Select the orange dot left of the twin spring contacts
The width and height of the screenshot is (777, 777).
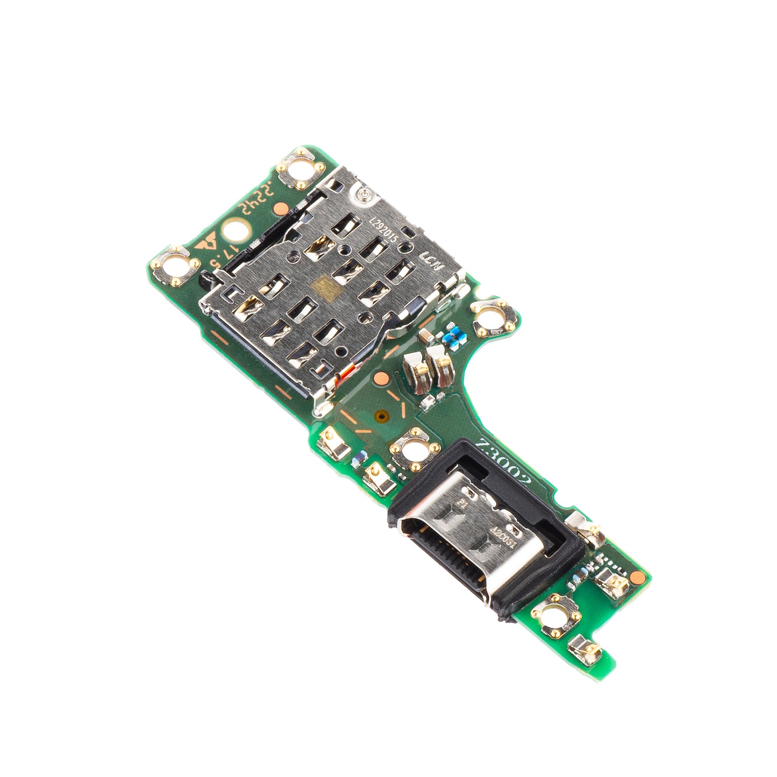click(380, 377)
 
